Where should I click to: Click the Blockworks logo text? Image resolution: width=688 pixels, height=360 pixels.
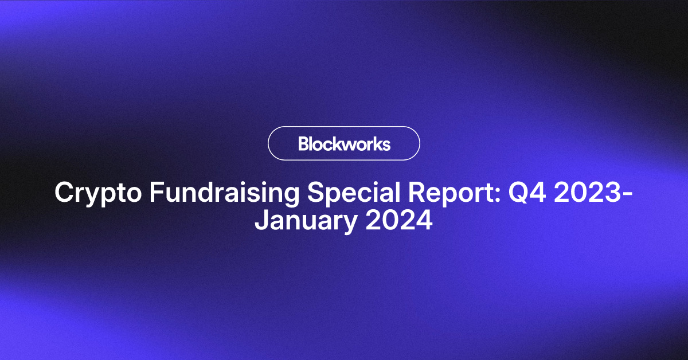[344, 143]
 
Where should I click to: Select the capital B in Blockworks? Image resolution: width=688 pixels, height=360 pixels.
[303, 143]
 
